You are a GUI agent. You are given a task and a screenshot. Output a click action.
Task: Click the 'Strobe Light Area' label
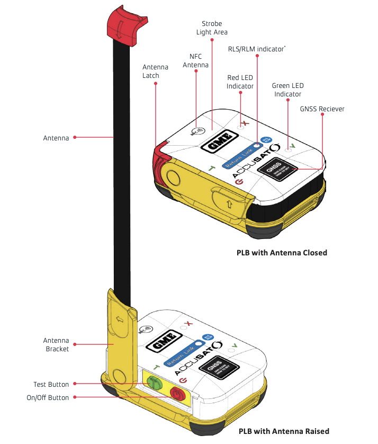212,28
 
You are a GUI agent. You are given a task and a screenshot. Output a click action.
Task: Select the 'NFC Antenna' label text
195,60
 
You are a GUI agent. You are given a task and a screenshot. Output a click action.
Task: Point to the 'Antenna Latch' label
155,72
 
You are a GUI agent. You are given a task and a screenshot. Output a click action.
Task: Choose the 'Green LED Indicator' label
287,90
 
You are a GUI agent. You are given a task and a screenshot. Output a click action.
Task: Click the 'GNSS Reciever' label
322,109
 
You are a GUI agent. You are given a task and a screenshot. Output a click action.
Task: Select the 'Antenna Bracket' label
57,344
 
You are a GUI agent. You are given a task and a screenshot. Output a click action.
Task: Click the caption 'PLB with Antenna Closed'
282,253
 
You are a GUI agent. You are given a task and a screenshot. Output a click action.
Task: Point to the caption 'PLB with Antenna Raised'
284,431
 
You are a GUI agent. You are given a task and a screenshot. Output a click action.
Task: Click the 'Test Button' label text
51,384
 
